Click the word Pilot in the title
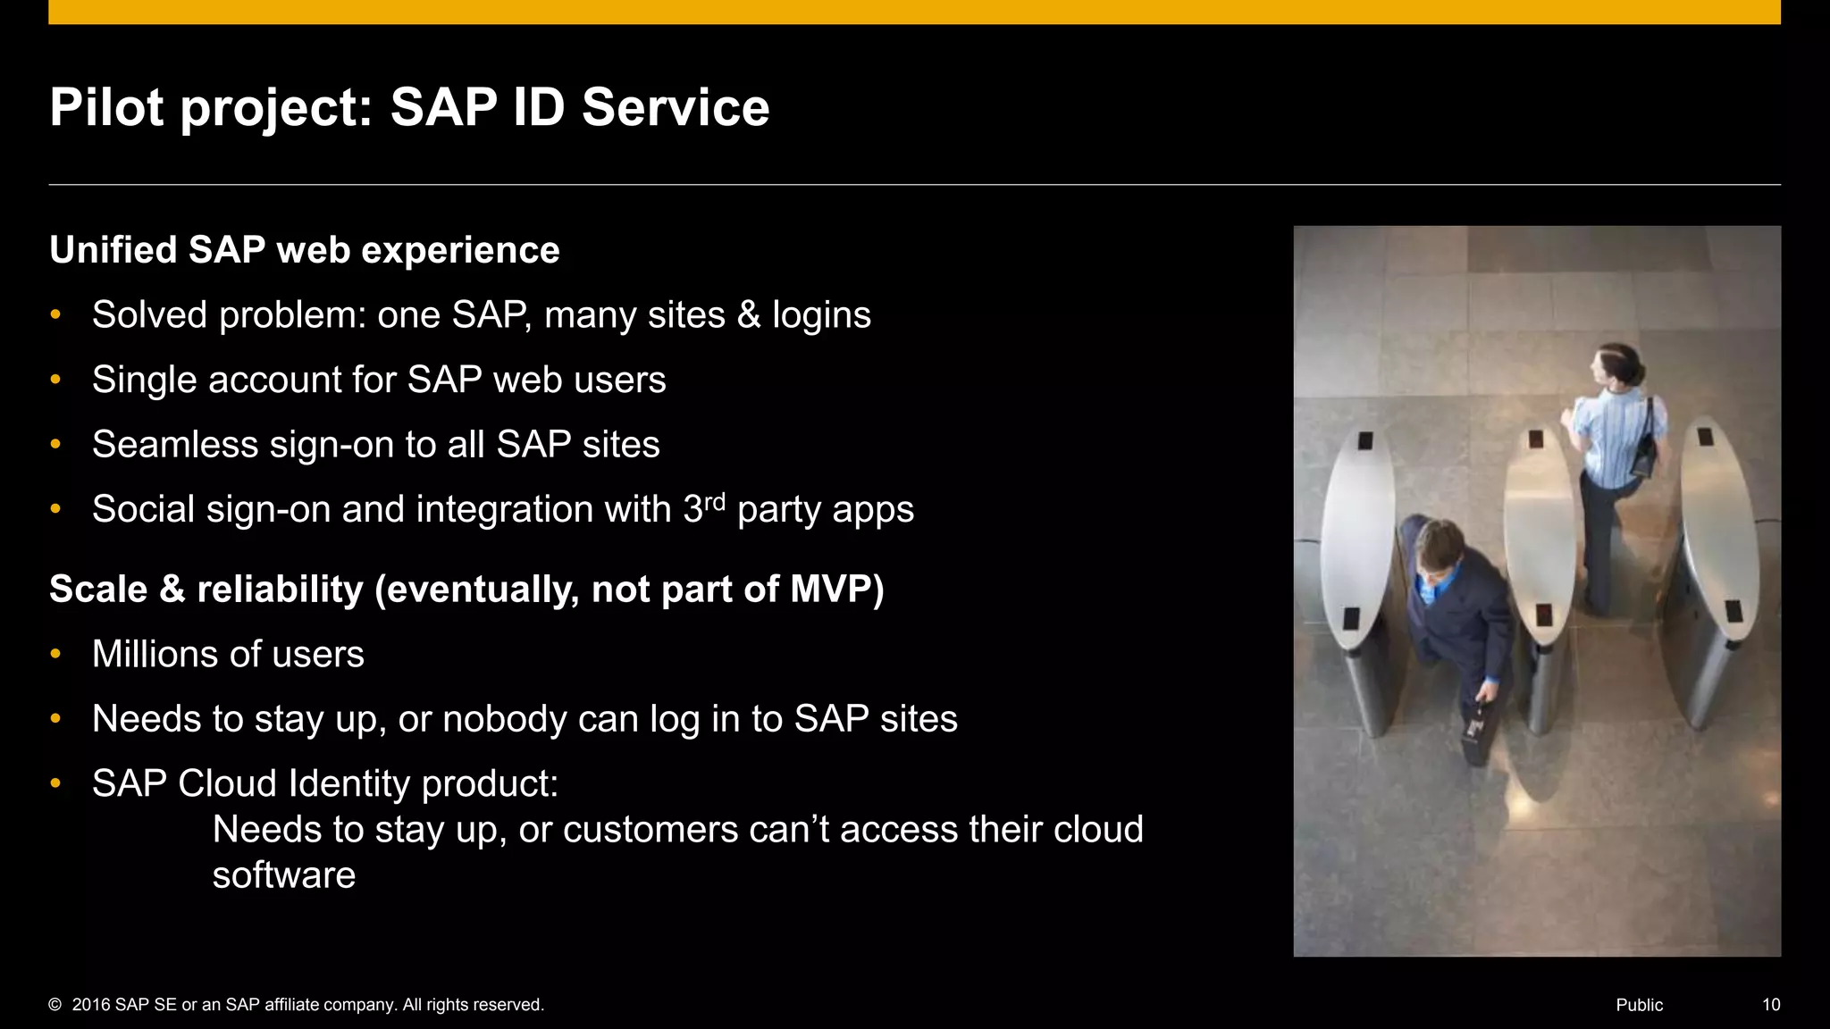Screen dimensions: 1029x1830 click(x=106, y=108)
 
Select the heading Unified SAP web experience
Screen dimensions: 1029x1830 click(x=304, y=250)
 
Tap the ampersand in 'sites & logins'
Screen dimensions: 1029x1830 click(x=749, y=315)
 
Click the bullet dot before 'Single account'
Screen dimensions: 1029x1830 click(x=55, y=380)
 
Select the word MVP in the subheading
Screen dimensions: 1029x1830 click(x=836, y=590)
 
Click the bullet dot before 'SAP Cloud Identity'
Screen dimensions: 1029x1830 click(x=55, y=783)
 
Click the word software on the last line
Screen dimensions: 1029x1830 click(x=283, y=876)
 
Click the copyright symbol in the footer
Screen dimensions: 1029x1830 click(x=55, y=1005)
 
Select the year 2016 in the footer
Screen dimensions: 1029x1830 click(x=91, y=1005)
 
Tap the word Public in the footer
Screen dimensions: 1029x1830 click(x=1639, y=1005)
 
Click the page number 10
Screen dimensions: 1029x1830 click(x=1770, y=1005)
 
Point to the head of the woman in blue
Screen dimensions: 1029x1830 click(x=1622, y=366)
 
